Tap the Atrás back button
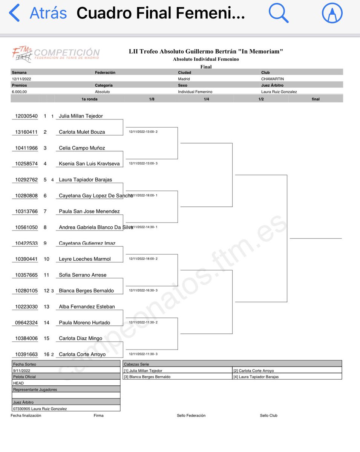point(38,14)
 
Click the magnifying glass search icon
point(278,14)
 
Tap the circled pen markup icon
point(332,14)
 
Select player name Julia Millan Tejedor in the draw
point(81,116)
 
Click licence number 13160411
point(26,132)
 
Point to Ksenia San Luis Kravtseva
point(89,164)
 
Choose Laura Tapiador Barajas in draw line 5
point(86,180)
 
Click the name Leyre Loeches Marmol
point(85,259)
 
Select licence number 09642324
point(26,323)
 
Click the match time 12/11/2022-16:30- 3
point(143,290)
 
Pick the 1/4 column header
point(206,99)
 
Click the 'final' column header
point(316,99)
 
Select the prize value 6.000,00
point(20,92)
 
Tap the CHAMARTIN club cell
point(272,79)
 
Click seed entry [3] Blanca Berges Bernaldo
point(147,377)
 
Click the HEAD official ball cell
point(18,383)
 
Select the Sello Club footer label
point(268,415)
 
